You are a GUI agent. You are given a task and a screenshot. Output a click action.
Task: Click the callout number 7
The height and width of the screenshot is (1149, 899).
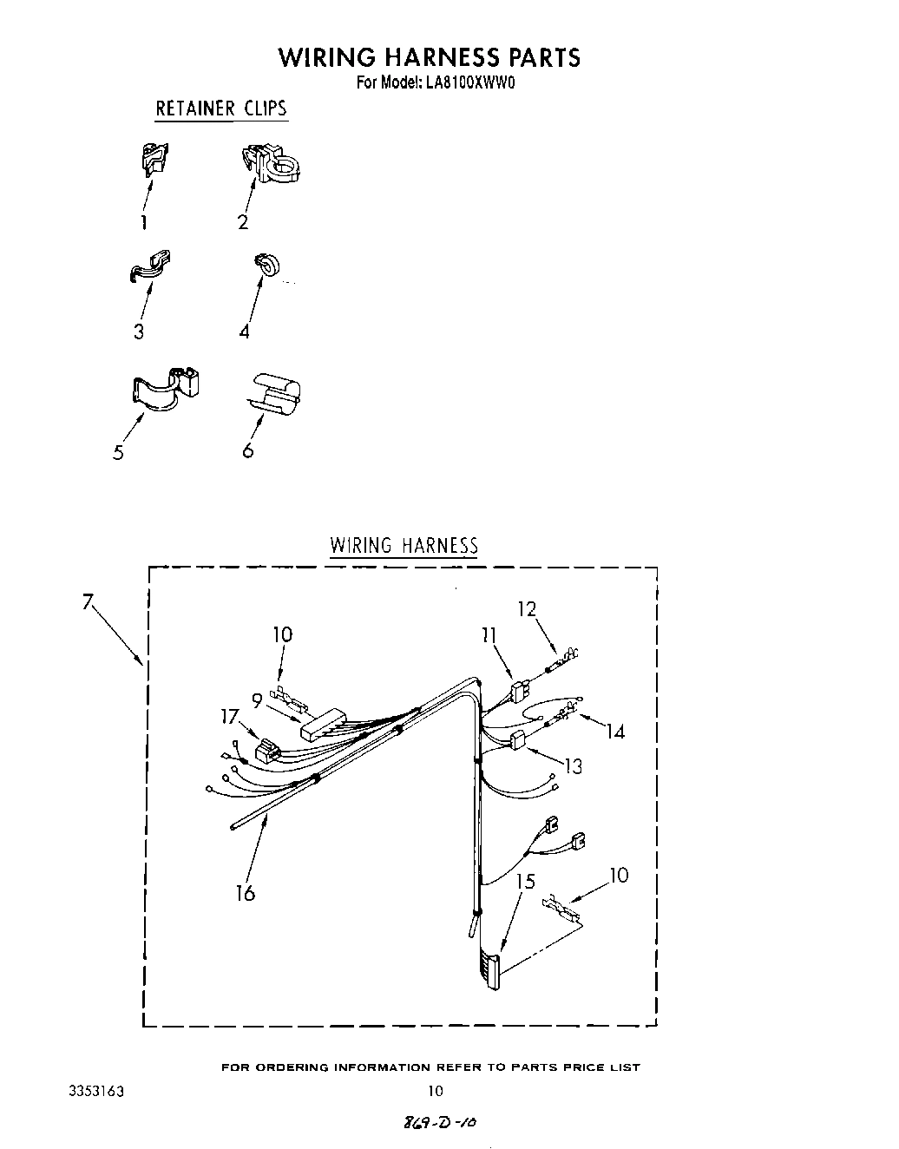pyautogui.click(x=87, y=601)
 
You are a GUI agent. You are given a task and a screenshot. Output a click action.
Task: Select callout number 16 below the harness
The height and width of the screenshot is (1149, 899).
pyautogui.click(x=246, y=893)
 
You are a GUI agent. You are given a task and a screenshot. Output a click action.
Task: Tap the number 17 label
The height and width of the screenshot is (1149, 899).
pyautogui.click(x=229, y=716)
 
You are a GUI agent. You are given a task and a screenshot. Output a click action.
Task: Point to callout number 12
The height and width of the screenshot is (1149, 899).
pyautogui.click(x=528, y=609)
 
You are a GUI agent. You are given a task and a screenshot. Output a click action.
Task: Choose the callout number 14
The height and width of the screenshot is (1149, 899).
pyautogui.click(x=614, y=732)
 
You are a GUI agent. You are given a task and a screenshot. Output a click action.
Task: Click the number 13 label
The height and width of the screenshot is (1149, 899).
pyautogui.click(x=573, y=766)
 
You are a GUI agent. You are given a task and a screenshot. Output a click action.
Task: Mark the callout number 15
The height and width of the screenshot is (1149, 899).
pyautogui.click(x=526, y=882)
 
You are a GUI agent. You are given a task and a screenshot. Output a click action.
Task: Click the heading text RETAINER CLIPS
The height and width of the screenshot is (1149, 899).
pyautogui.click(x=220, y=108)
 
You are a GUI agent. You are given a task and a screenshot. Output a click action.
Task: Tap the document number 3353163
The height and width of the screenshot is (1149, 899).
pyautogui.click(x=96, y=1091)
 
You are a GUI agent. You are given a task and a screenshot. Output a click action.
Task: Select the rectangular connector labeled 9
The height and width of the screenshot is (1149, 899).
pyautogui.click(x=324, y=723)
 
